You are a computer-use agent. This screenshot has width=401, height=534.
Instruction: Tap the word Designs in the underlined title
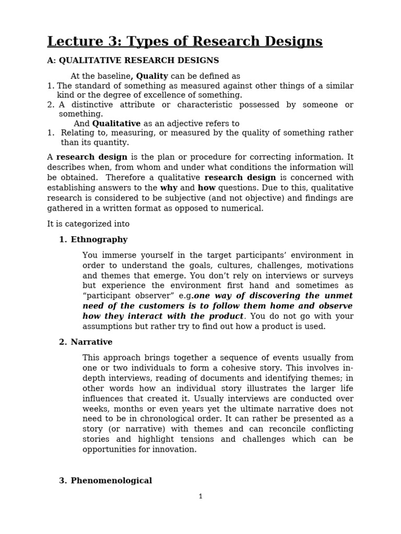click(x=292, y=41)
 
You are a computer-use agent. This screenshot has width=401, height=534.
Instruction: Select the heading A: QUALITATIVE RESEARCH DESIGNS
click(x=133, y=60)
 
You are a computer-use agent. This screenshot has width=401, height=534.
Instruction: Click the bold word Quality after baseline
click(x=152, y=76)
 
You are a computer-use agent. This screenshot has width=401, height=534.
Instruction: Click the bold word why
click(x=169, y=188)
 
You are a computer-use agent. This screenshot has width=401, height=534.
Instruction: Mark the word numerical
click(x=244, y=208)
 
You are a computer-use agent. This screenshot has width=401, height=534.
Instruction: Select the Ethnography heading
click(x=99, y=239)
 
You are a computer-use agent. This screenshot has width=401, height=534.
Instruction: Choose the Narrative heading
click(x=91, y=342)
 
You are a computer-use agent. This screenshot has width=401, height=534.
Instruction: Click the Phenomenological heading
click(x=111, y=481)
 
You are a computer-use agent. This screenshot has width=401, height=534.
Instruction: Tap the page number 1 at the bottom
click(x=200, y=496)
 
